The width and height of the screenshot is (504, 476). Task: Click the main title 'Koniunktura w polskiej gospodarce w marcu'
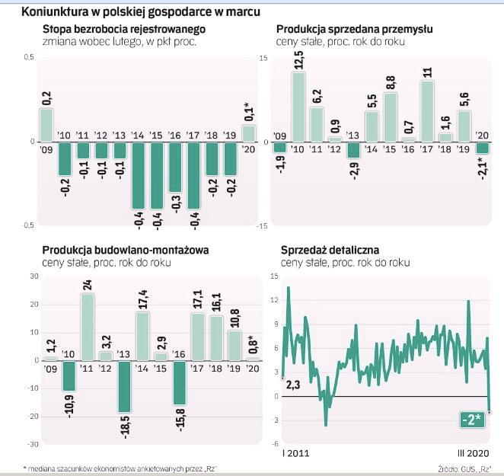(x=140, y=11)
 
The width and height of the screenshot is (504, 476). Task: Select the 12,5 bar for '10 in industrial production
(x=298, y=107)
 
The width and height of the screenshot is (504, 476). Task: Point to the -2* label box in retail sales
(x=473, y=420)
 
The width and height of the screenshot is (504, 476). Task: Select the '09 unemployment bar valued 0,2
(x=46, y=125)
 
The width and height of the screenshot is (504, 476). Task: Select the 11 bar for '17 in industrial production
(x=427, y=111)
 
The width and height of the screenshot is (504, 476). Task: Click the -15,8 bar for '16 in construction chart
(x=180, y=382)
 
